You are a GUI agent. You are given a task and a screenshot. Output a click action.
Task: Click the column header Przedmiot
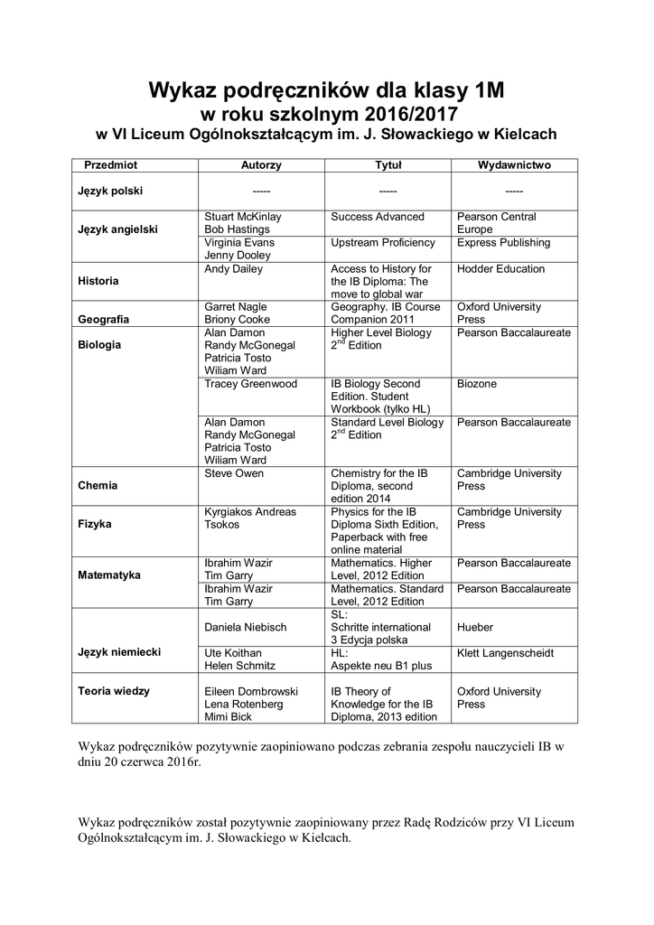(111, 165)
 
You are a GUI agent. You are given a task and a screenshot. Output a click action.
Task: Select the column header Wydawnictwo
(514, 165)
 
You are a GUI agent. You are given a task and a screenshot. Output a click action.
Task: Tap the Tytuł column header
(388, 165)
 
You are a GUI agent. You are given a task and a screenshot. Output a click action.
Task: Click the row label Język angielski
(117, 229)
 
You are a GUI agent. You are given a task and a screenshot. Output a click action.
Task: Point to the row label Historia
(98, 281)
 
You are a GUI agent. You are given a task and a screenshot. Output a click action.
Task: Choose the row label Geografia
(103, 320)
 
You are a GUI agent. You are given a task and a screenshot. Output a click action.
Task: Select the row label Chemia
(98, 485)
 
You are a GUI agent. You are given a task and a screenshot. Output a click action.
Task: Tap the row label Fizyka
(95, 524)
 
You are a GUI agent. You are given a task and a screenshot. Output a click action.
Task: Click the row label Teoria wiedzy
(114, 691)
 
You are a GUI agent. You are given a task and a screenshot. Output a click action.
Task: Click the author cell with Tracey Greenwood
(250, 384)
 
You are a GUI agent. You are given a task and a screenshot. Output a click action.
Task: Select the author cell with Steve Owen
(234, 473)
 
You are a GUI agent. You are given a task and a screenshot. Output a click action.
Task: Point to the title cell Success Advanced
(378, 217)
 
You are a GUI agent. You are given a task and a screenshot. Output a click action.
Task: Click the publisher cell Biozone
(477, 384)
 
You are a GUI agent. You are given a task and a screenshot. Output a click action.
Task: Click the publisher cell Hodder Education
(500, 269)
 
